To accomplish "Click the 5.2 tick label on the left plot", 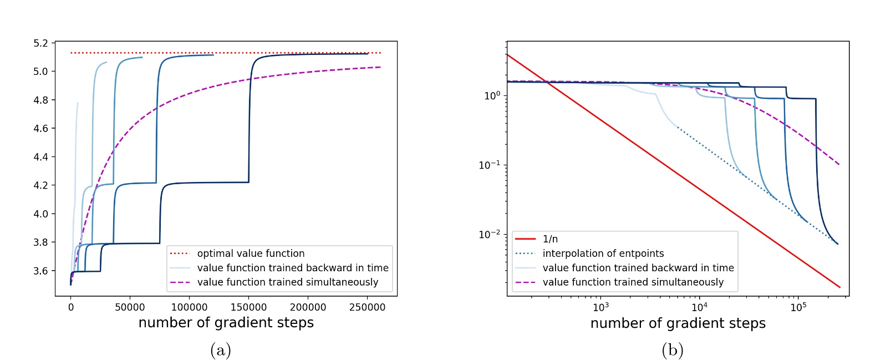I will click(41, 43).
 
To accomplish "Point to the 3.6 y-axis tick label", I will click(41, 271).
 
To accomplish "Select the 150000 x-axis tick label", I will click(248, 307).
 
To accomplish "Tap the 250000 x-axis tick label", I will click(367, 307).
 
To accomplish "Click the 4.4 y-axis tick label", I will click(41, 157).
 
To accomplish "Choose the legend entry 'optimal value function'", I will click(251, 253).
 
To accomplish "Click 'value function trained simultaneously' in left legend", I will click(288, 282).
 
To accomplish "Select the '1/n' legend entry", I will click(550, 239).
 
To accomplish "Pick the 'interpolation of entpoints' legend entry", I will click(603, 253).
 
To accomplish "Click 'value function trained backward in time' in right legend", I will click(638, 268).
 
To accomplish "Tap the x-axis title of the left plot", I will click(226, 323).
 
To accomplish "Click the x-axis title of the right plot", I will click(678, 323).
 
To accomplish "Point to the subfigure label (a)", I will click(221, 350).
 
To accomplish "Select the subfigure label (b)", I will click(672, 350).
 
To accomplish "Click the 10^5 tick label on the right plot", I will click(798, 307).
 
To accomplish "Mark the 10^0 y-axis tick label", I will click(491, 95).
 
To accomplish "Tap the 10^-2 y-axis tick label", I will click(489, 234).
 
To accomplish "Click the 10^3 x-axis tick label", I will click(600, 307).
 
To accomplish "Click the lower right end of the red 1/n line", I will click(840, 287).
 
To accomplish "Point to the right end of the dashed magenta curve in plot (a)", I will click(380, 67).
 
